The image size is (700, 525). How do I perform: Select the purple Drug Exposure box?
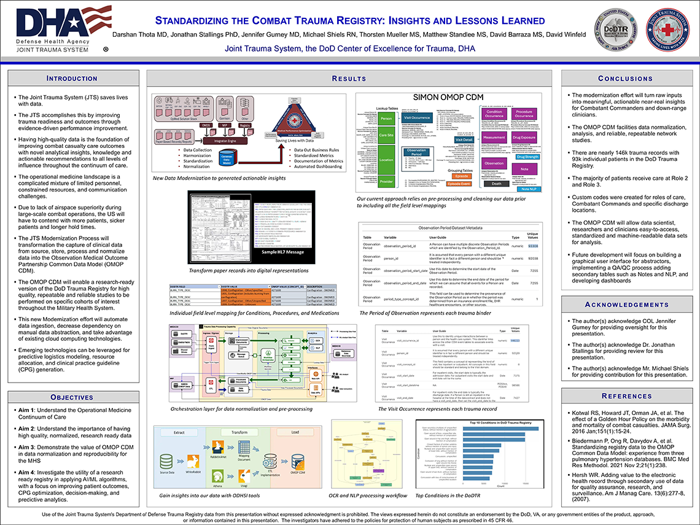click(x=524, y=138)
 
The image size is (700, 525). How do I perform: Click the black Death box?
click(x=497, y=183)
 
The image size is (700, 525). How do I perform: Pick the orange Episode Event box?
click(x=459, y=184)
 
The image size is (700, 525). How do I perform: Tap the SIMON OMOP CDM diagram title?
click(x=448, y=97)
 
